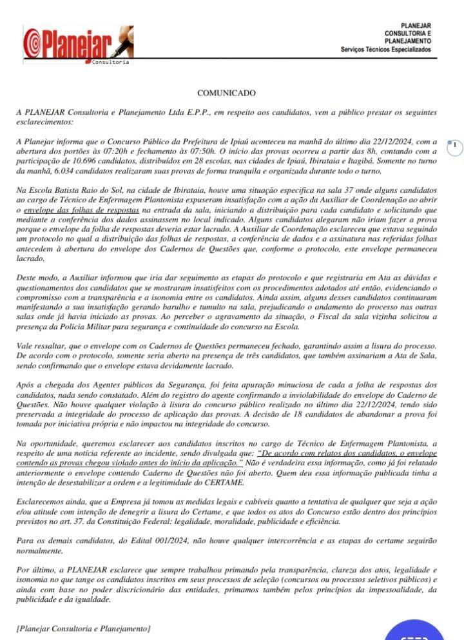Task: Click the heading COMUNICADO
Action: (226, 93)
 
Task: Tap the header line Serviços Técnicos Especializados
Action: (386, 50)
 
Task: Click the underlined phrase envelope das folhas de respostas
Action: (81, 210)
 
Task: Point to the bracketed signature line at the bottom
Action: (84, 628)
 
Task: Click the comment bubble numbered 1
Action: (454, 145)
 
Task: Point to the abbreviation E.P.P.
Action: (179, 112)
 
